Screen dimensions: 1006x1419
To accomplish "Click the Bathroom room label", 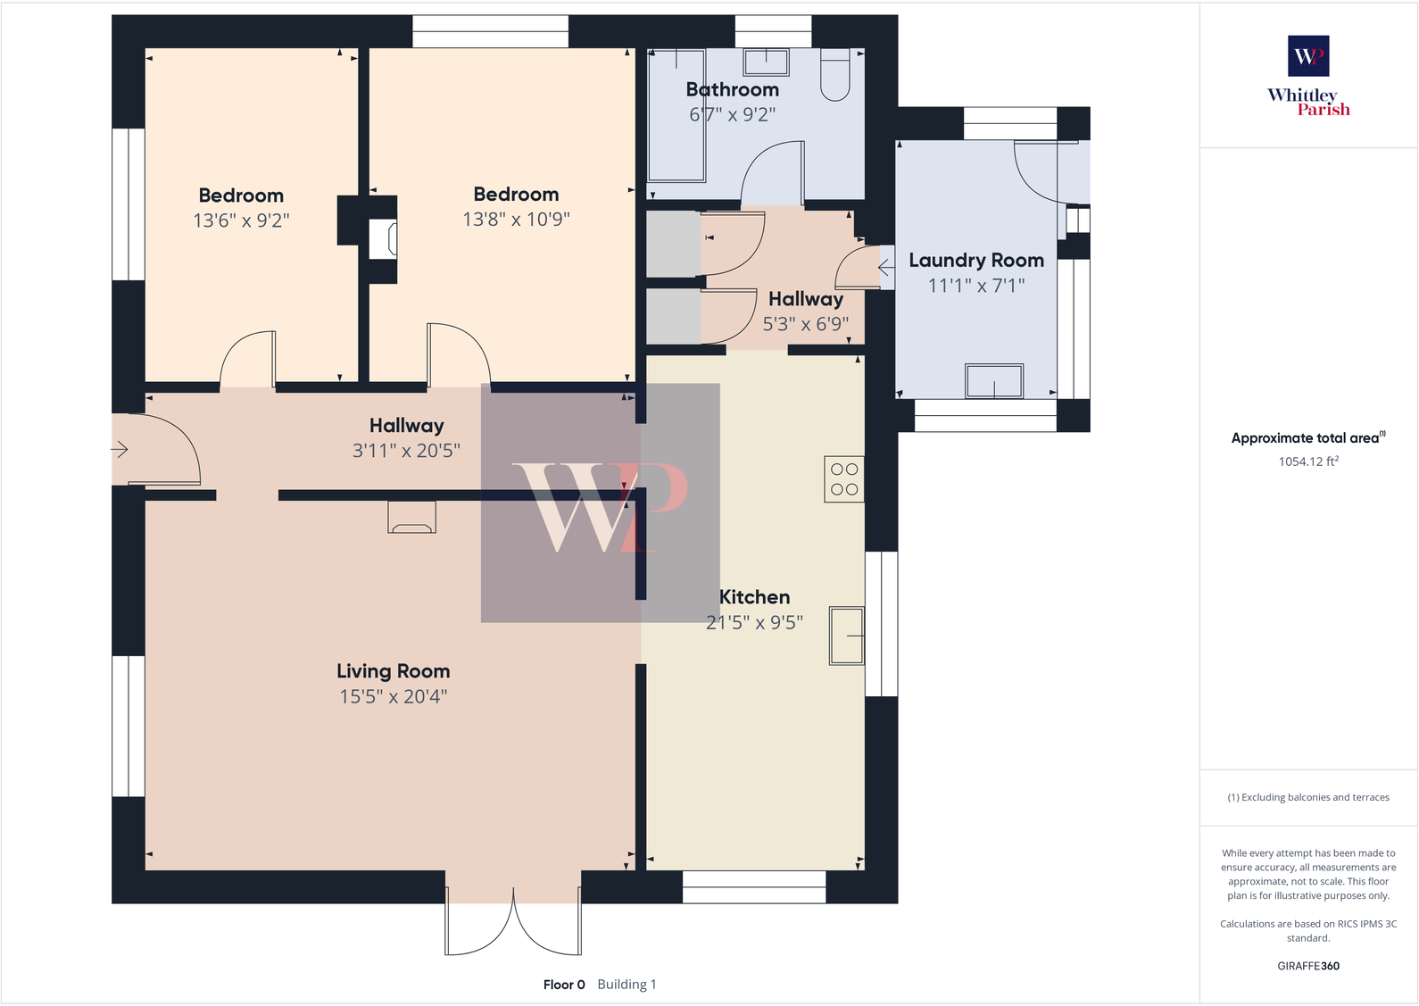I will tap(732, 89).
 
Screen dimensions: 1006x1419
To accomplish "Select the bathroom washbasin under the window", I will tap(766, 62).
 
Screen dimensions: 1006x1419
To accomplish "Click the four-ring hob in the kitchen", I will tap(843, 479).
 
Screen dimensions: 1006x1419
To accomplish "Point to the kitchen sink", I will tap(846, 636).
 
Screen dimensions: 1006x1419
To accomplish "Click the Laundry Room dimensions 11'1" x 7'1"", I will tap(976, 286).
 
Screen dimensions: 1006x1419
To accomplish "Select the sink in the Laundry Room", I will tap(993, 381).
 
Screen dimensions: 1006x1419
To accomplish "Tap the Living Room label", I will tap(393, 671).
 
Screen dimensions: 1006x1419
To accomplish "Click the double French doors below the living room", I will tap(513, 924).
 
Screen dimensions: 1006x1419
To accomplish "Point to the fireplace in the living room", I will tap(411, 518).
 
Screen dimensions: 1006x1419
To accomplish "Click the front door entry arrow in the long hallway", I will tap(120, 449).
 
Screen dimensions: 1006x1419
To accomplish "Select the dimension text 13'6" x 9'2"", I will tap(241, 220).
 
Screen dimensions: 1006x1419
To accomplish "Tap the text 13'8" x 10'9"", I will tap(516, 220).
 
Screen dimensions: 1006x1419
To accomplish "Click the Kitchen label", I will tap(754, 597).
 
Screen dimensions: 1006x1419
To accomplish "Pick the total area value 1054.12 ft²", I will tap(1307, 461).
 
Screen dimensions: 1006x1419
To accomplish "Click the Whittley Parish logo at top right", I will tap(1308, 76).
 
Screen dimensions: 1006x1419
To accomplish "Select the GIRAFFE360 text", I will tap(1307, 966).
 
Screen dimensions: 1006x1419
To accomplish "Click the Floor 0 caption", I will tap(564, 985).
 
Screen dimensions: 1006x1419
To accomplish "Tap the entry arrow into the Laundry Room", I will tap(885, 268).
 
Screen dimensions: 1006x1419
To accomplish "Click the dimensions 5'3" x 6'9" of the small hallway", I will tap(805, 324).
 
